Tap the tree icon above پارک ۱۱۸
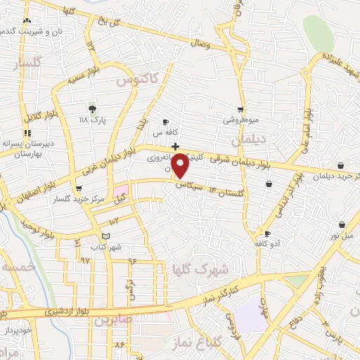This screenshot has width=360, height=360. click(91, 108)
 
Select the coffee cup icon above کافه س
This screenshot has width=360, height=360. click(166, 122)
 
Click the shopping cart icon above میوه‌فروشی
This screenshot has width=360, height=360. click(241, 109)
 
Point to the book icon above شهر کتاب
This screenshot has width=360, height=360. click(105, 236)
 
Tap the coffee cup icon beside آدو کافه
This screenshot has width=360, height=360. click(266, 233)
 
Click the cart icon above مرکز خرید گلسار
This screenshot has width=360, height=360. click(78, 188)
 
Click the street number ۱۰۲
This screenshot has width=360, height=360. click(114, 221)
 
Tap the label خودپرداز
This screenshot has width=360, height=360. click(15, 328)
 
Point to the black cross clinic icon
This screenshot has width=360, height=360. click(174, 146)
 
